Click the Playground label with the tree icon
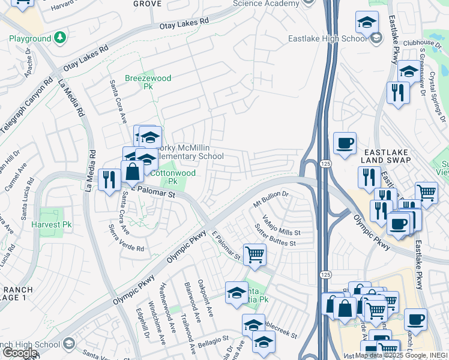coord(30,39)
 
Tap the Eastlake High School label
coord(327,39)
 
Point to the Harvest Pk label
coord(52,225)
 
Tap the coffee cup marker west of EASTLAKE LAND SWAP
coord(345,143)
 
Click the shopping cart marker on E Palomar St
coord(255,254)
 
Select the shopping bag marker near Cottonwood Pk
coord(132,172)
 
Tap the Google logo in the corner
coord(19,353)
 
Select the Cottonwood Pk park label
coord(163,176)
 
